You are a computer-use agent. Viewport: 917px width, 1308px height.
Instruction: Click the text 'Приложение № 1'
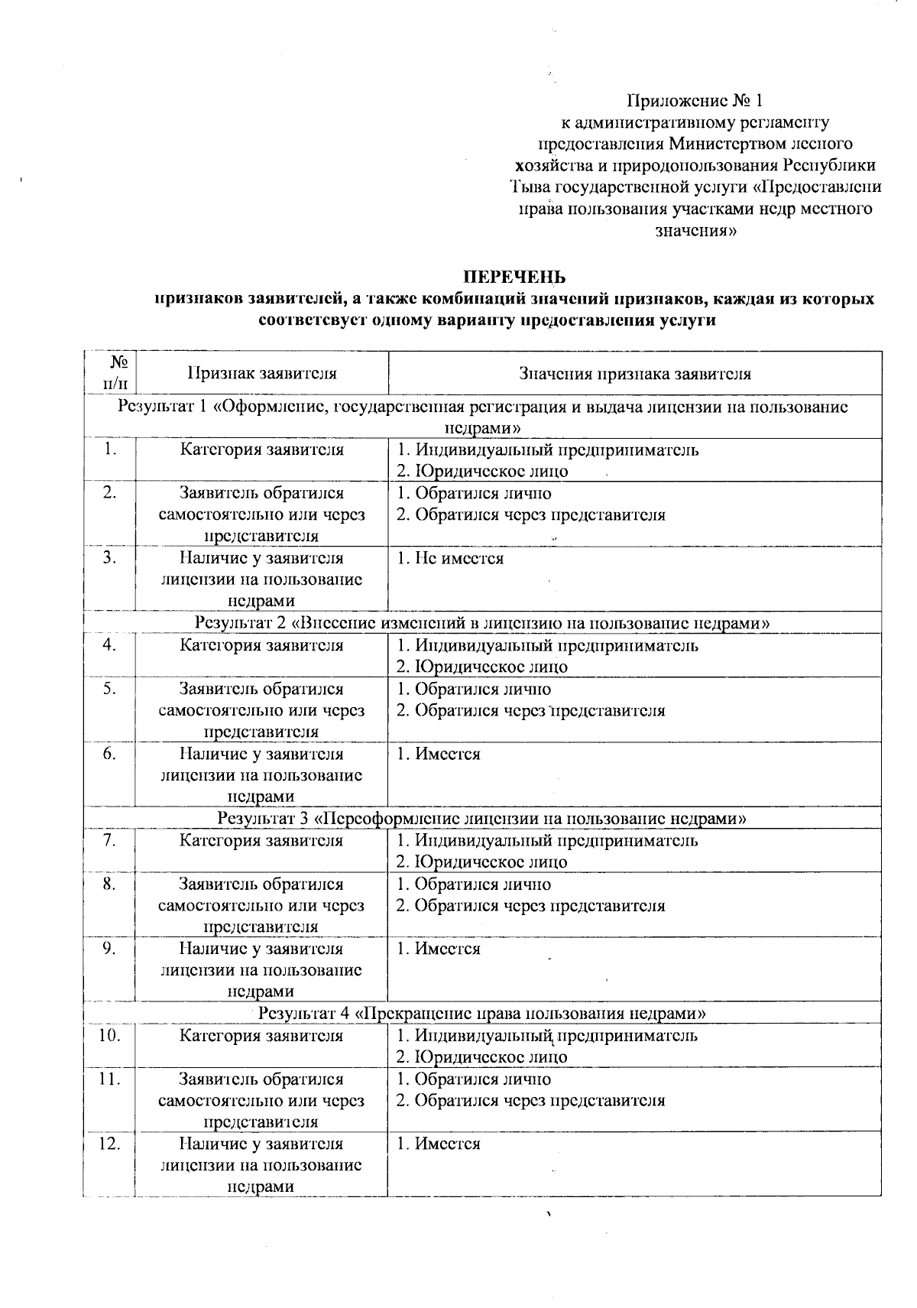[695, 100]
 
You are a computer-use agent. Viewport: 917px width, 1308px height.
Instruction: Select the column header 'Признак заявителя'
[262, 374]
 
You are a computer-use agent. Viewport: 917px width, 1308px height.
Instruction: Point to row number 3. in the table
[110, 558]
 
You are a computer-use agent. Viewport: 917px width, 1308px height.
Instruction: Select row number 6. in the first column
[110, 754]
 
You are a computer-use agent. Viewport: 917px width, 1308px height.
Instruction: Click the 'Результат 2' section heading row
[482, 623]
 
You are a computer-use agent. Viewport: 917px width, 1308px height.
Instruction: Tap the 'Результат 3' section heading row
[482, 819]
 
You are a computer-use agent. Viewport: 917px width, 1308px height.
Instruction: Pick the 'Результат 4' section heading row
[482, 1014]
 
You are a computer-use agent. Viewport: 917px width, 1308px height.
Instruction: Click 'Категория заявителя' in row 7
[261, 841]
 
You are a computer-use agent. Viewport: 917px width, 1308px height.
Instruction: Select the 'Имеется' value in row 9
[448, 949]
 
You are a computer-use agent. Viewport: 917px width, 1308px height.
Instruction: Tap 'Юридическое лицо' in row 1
[490, 471]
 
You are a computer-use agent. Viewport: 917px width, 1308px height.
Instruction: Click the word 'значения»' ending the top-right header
[695, 230]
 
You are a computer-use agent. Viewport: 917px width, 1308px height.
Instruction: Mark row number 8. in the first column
[110, 884]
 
